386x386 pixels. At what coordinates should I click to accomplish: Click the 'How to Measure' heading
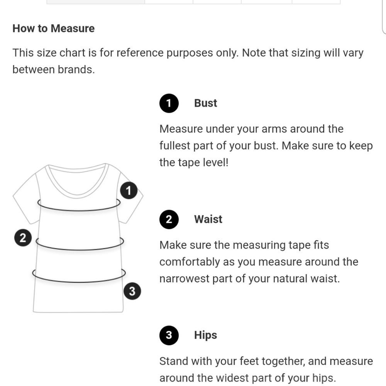(53, 28)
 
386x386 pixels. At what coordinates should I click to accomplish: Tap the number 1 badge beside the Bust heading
(169, 103)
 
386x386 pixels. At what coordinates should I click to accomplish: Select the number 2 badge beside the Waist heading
(169, 219)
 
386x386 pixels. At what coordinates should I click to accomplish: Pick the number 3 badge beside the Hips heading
(169, 335)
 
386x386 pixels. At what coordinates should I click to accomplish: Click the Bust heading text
(206, 103)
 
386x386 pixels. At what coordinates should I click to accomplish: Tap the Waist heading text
(208, 219)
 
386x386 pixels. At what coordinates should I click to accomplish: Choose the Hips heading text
(206, 335)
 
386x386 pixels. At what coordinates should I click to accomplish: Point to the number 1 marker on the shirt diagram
(129, 191)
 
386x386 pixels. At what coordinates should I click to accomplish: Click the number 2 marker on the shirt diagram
(23, 238)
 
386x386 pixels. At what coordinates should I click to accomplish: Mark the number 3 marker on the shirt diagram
(132, 291)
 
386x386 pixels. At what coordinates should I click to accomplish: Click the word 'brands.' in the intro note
(76, 69)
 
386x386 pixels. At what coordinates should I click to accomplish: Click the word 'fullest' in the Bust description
(174, 146)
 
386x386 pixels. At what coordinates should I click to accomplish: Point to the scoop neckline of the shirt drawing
(77, 195)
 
